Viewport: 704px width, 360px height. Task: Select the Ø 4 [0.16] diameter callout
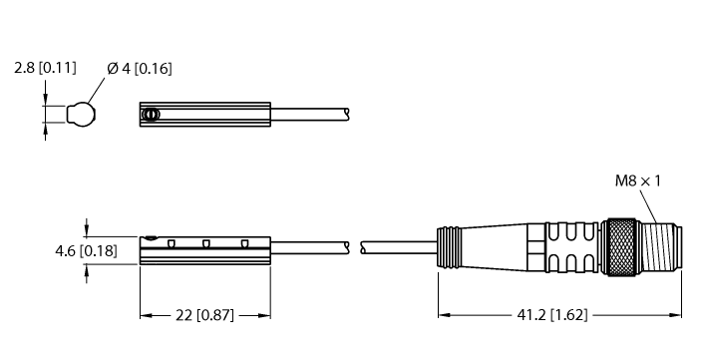click(138, 69)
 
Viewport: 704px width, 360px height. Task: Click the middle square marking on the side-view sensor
click(206, 242)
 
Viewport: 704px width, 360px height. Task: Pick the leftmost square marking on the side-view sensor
click(172, 242)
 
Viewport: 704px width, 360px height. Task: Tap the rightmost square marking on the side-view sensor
click(243, 242)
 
